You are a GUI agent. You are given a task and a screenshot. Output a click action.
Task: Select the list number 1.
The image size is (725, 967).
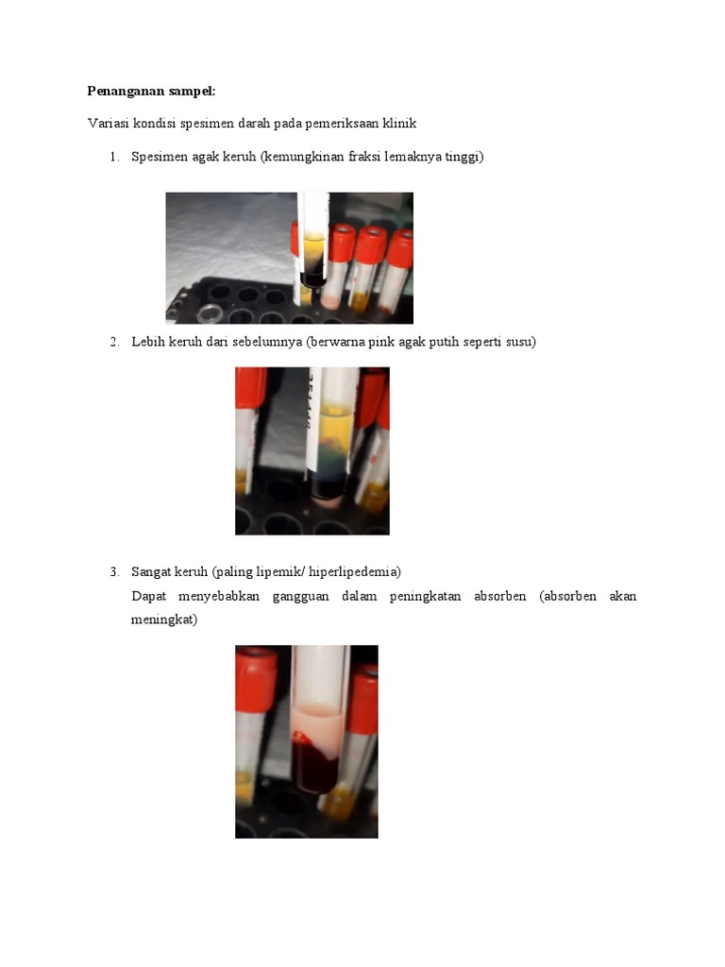[x=113, y=157]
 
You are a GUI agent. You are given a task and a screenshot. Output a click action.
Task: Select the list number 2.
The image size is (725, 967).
[x=113, y=342]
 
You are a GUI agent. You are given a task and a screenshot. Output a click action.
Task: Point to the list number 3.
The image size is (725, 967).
[x=113, y=571]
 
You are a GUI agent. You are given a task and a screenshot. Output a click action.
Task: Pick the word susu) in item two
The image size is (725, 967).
[x=518, y=342]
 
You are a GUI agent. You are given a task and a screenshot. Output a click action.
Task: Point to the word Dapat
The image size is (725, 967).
[x=148, y=597]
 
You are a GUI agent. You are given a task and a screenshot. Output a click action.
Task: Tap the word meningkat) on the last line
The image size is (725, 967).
[x=164, y=620]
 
